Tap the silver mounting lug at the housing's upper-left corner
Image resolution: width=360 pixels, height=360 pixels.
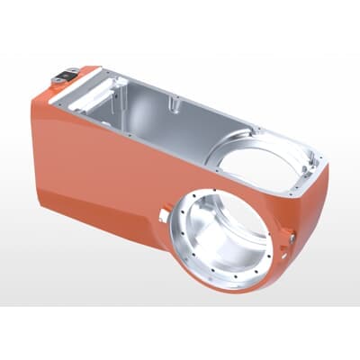tap(66, 78)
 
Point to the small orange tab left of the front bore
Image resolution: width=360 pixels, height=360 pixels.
tap(163, 212)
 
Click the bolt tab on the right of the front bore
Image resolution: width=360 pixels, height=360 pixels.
tap(292, 236)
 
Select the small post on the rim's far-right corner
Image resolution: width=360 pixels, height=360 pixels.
tap(316, 160)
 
